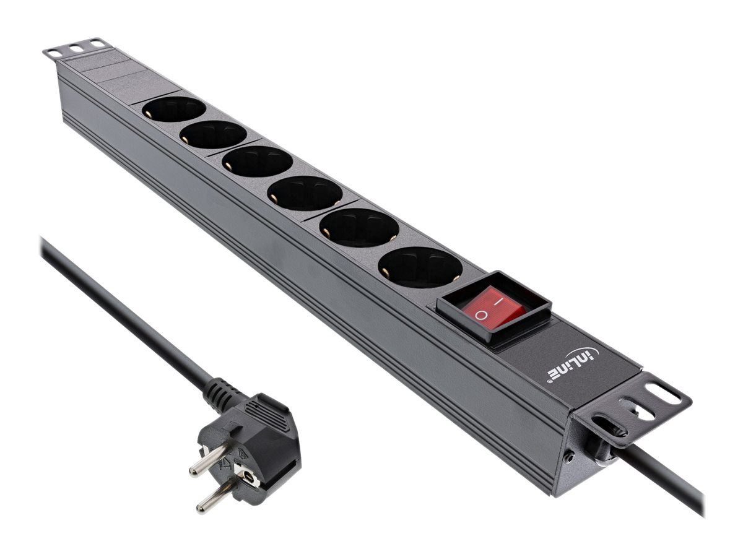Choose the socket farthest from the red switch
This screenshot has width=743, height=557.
[173, 110]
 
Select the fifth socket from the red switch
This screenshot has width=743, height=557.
[214, 134]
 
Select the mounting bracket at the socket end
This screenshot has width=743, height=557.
[74, 48]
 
